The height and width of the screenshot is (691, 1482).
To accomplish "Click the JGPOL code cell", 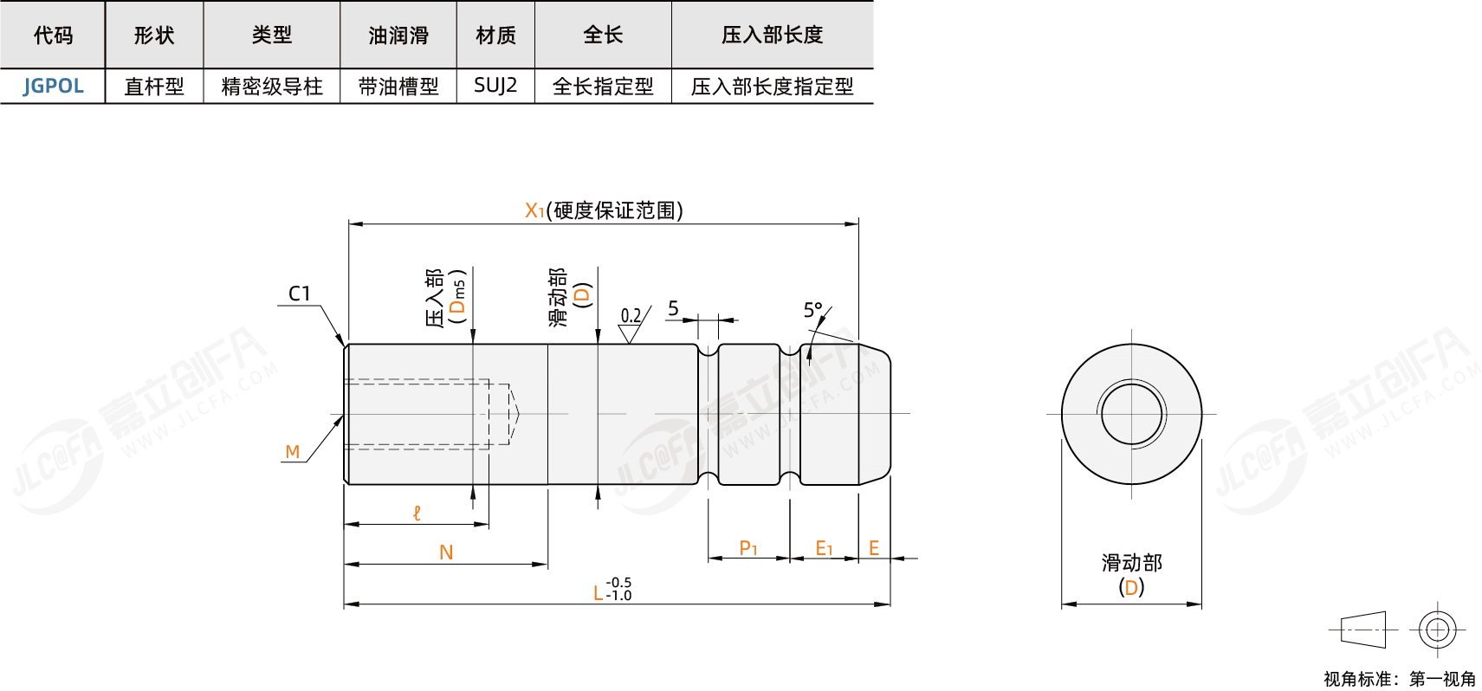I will (x=53, y=86).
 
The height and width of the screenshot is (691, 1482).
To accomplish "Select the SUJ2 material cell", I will (x=495, y=86).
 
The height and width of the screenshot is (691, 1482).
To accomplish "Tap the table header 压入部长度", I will (x=772, y=35).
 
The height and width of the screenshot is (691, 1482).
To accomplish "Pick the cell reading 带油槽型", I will (x=398, y=86).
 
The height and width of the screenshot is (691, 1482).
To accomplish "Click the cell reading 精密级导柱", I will (x=272, y=86).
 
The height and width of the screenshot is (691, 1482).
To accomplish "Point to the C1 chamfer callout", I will (x=300, y=294).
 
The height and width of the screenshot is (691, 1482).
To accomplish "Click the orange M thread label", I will (x=293, y=452).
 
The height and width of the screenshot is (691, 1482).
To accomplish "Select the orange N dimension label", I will (x=446, y=552).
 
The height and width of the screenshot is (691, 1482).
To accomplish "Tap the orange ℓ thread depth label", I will (x=417, y=513).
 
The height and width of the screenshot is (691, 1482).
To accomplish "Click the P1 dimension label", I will (x=748, y=548).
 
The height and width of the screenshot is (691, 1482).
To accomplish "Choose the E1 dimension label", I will (x=824, y=548).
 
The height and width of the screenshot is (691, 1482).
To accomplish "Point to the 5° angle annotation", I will (x=812, y=310).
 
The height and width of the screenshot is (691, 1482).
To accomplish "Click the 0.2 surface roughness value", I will (x=631, y=316).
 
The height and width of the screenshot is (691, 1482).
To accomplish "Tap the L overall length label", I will (x=598, y=593).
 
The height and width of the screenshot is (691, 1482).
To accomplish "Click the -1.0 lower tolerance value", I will (x=619, y=596).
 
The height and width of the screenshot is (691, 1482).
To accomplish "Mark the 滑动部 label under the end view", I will (x=1131, y=563).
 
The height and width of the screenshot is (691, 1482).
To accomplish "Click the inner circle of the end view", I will (x=1131, y=414).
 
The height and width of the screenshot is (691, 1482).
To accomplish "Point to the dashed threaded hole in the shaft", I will (x=424, y=414).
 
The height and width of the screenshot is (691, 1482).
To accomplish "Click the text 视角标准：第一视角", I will (x=1399, y=679).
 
